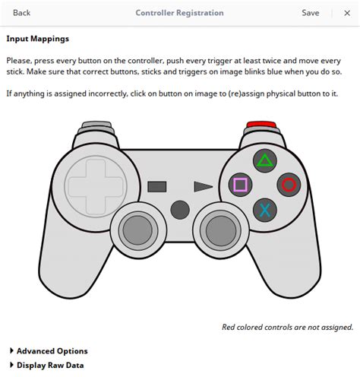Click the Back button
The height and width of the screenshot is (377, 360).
click(x=21, y=13)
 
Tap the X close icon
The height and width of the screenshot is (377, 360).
click(x=347, y=13)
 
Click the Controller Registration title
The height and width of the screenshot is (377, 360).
click(x=179, y=13)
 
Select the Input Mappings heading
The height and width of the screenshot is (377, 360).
click(x=38, y=39)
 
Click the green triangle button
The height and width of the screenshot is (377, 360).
click(x=265, y=161)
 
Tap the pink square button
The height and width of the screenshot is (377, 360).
click(x=240, y=185)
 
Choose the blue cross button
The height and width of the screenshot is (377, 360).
click(x=265, y=210)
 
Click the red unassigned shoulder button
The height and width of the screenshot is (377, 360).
click(x=261, y=124)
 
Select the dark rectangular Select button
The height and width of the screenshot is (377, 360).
click(x=157, y=187)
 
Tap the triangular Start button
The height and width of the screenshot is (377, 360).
click(x=203, y=187)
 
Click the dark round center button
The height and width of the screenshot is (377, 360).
click(x=180, y=210)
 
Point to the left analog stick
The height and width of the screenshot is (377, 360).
click(x=137, y=230)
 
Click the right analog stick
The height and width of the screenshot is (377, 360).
click(x=221, y=230)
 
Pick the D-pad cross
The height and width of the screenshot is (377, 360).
click(x=96, y=186)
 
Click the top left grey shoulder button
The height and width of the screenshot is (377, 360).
click(x=96, y=124)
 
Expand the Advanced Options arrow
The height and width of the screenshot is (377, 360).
click(x=11, y=350)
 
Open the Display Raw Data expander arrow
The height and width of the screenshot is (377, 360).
click(x=11, y=365)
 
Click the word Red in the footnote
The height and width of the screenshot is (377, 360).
click(x=228, y=327)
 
